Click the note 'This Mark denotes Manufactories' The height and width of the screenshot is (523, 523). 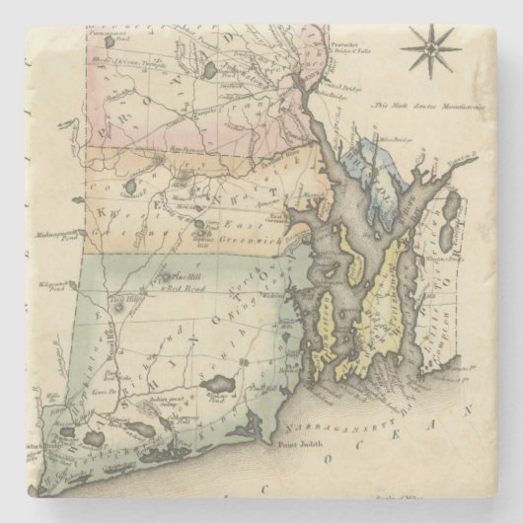(425, 104)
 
